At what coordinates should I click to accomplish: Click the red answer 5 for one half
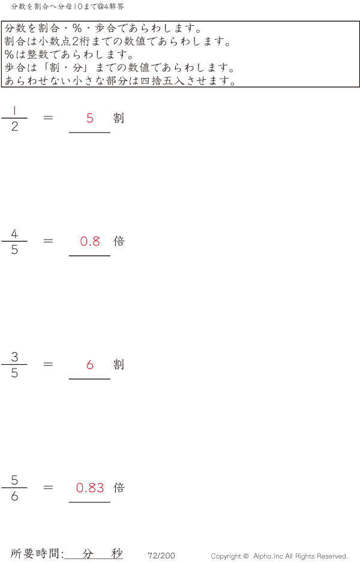click(x=90, y=118)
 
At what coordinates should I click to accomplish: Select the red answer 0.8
click(x=90, y=241)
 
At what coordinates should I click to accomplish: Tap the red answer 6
click(x=90, y=364)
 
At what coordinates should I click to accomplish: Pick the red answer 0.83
click(x=90, y=488)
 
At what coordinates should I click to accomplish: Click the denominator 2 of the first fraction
click(x=14, y=127)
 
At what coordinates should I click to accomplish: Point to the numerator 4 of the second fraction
click(x=14, y=233)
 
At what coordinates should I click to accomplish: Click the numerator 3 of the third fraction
click(x=14, y=357)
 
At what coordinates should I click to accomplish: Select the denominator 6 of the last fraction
click(x=14, y=496)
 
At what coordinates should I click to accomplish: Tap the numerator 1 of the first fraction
click(x=14, y=110)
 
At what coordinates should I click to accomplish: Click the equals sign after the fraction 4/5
click(x=49, y=241)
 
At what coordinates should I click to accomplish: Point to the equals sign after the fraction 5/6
click(x=49, y=488)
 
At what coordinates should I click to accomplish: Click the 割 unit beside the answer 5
click(x=119, y=118)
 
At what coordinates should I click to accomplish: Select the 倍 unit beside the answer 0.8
click(x=119, y=241)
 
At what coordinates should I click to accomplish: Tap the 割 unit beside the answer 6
click(x=119, y=364)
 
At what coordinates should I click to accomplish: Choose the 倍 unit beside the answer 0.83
click(x=119, y=488)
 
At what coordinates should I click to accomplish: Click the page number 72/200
click(x=161, y=556)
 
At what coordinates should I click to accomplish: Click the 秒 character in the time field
click(x=116, y=553)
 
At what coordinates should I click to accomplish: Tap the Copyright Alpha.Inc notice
click(x=279, y=556)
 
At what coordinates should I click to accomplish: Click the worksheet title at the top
click(x=68, y=7)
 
